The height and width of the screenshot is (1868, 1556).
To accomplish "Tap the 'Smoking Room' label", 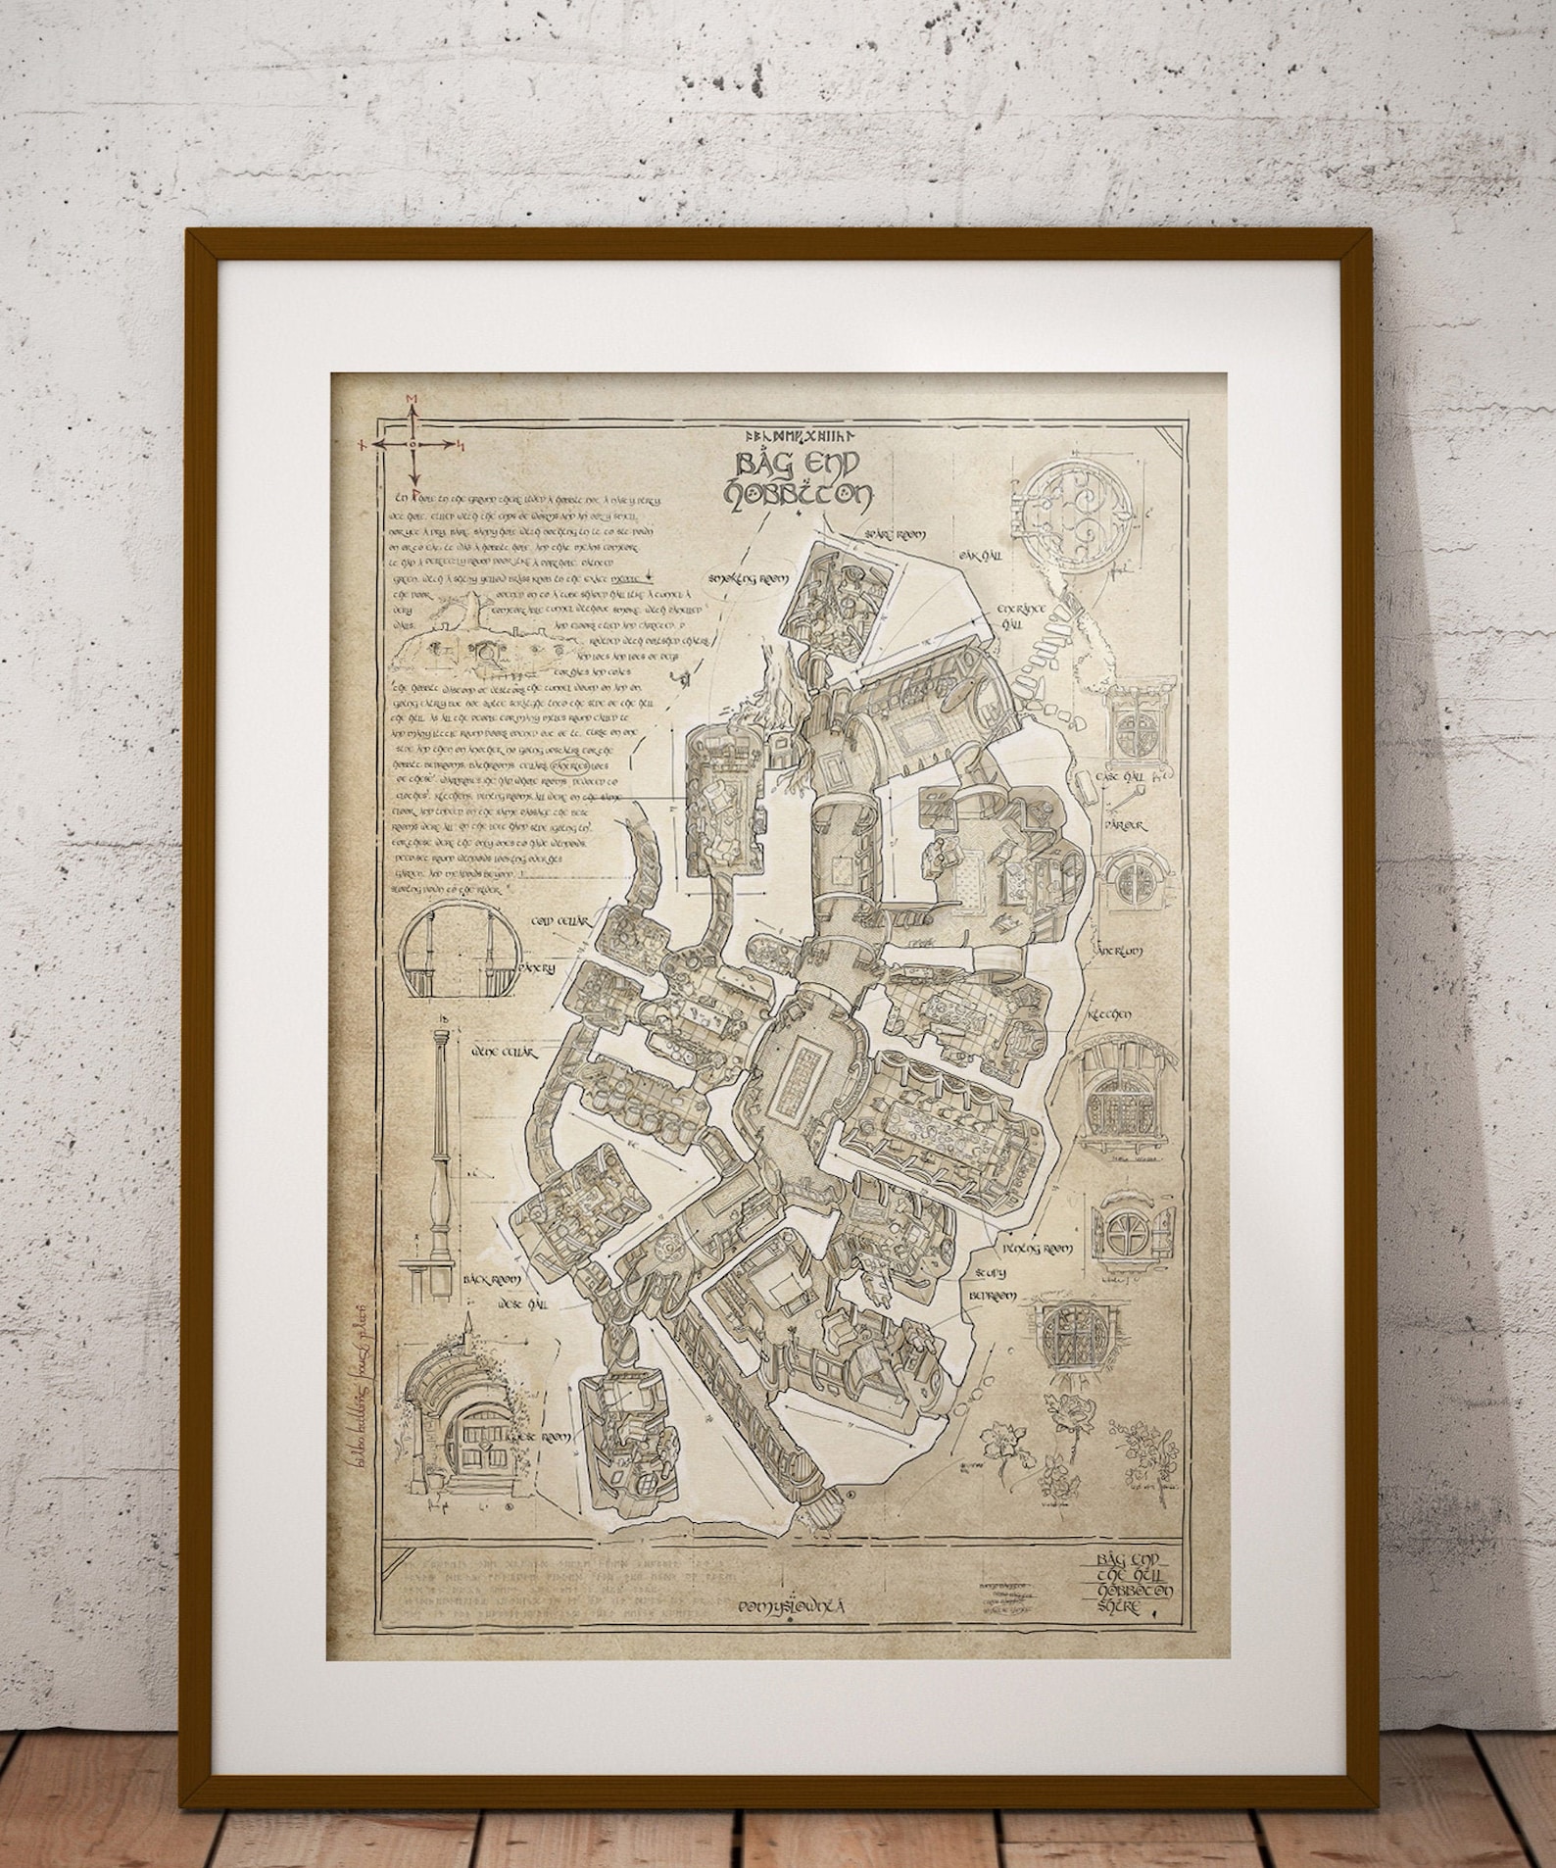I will (x=754, y=579).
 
